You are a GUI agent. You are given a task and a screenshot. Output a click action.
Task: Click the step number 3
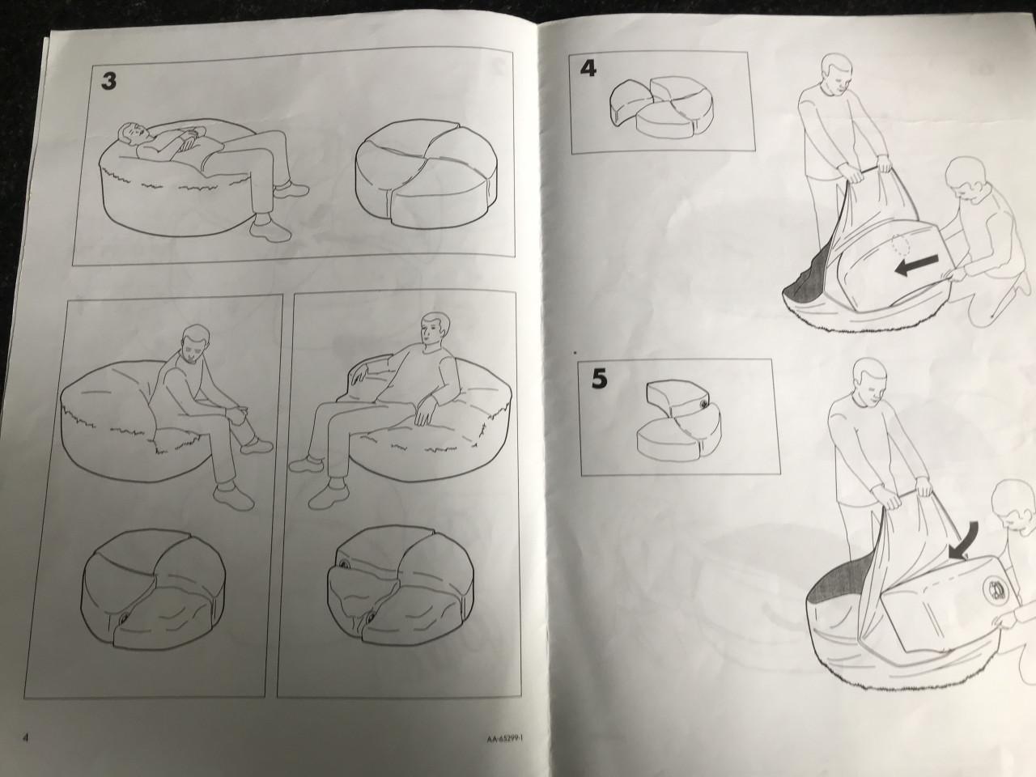tap(108, 81)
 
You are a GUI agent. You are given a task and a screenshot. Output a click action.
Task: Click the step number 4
tap(588, 70)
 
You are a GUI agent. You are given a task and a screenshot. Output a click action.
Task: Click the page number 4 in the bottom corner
tap(26, 737)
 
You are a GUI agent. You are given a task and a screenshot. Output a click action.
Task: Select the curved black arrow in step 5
tap(963, 541)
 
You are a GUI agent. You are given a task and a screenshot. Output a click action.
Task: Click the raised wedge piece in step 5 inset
tap(675, 398)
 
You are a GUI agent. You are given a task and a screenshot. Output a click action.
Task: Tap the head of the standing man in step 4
tap(836, 77)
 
